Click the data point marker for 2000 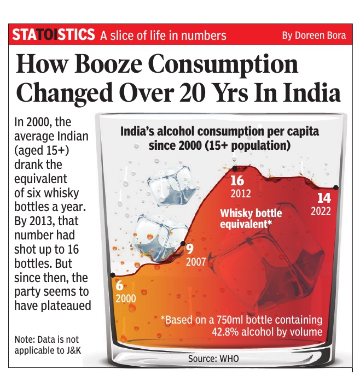tap(113, 274)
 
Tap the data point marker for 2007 tap(183, 244)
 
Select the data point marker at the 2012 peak tap(235, 168)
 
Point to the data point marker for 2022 tap(335, 187)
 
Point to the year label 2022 tap(321, 211)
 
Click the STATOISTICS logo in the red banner tap(53, 36)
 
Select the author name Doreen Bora tap(313, 36)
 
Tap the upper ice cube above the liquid tap(170, 187)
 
